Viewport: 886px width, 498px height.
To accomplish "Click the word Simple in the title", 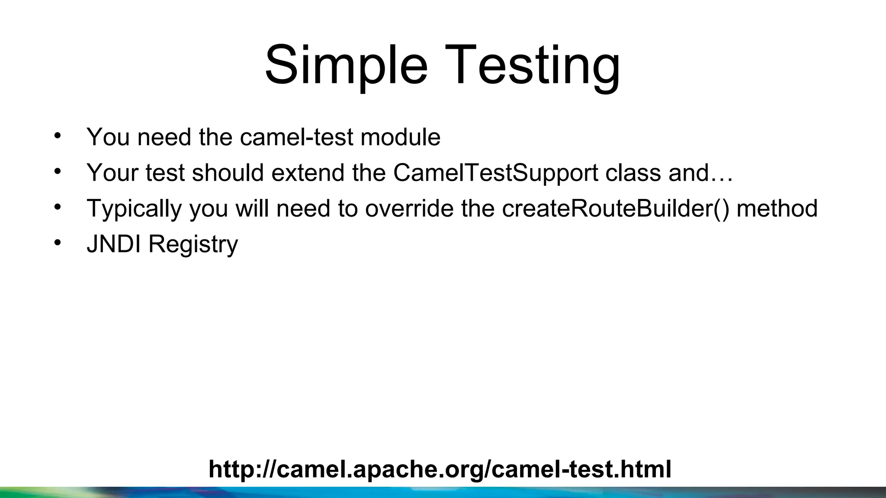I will pyautogui.click(x=346, y=66).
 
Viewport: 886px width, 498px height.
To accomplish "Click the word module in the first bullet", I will pyautogui.click(x=400, y=137).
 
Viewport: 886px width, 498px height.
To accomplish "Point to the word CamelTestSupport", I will pyautogui.click(x=496, y=173).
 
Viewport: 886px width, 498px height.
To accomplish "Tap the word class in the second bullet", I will pyautogui.click(x=633, y=173).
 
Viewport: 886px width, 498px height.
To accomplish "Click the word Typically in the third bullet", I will pyautogui.click(x=134, y=209).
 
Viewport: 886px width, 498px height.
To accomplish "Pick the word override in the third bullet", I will pyautogui.click(x=409, y=208).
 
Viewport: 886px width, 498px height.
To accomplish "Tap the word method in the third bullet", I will pyautogui.click(x=777, y=208).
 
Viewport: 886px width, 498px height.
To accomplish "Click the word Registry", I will pyautogui.click(x=193, y=245).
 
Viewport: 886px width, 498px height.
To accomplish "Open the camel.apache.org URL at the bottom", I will pyautogui.click(x=440, y=469).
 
